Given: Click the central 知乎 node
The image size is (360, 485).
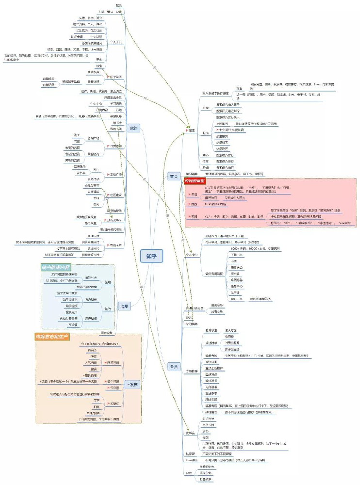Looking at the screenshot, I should pyautogui.click(x=152, y=256).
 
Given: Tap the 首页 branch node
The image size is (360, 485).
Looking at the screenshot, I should pyautogui.click(x=173, y=176).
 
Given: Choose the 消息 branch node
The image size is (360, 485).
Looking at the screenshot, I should pyautogui.click(x=124, y=306).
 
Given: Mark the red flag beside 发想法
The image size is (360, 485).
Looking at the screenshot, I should pyautogui.click(x=108, y=403).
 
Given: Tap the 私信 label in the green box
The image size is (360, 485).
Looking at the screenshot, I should pyautogui.click(x=108, y=308).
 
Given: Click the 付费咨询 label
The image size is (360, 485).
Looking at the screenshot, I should pyautogui.click(x=115, y=159).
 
